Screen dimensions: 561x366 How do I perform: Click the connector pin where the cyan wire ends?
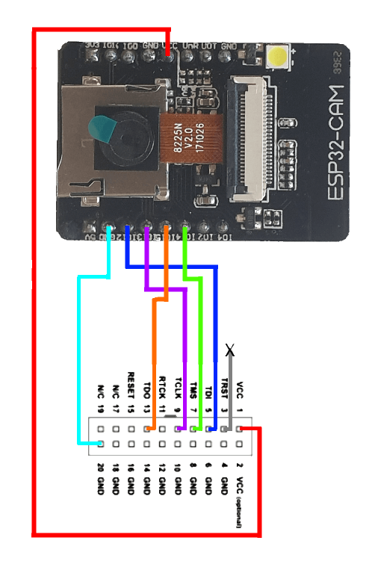(100, 444)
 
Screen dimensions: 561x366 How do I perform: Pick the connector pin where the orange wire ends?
(147, 429)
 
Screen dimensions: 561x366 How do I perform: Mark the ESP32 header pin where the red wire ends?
(167, 54)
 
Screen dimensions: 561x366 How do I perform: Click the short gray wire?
(231, 388)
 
